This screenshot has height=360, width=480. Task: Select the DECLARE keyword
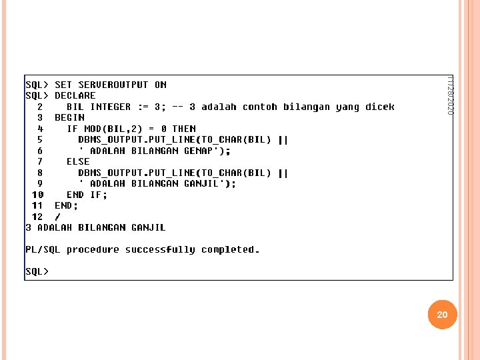[75, 95]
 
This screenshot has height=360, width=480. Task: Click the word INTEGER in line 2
[111, 107]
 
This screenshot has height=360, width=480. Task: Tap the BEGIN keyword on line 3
[69, 117]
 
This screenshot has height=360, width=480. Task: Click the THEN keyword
[184, 129]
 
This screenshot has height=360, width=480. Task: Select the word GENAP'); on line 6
[207, 151]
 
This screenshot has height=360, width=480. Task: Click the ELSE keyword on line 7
[78, 161]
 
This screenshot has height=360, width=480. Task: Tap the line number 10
[37, 195]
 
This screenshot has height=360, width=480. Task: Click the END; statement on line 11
[66, 205]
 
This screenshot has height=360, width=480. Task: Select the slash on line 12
[57, 217]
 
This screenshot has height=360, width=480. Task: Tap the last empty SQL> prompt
[37, 271]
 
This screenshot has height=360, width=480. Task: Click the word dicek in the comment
[379, 107]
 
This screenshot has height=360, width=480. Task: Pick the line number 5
[40, 139]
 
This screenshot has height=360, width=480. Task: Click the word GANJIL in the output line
[148, 227]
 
